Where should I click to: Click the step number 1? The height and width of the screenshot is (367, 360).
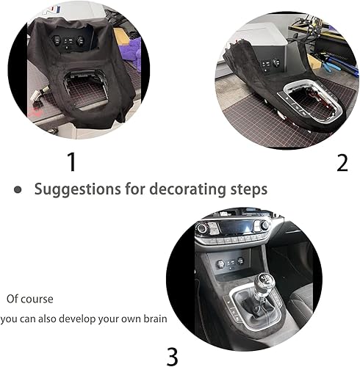tap(71, 161)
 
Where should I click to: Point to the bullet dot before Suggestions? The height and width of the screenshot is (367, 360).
tap(18, 189)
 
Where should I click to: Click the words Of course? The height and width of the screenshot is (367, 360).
tap(30, 299)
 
